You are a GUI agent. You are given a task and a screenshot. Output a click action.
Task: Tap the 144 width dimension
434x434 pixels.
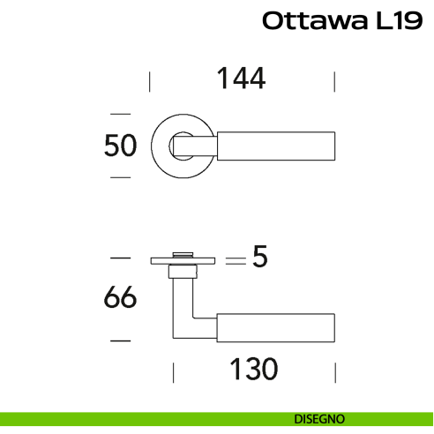(x=241, y=79)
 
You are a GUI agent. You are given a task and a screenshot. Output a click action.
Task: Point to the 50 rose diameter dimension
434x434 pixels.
(x=120, y=146)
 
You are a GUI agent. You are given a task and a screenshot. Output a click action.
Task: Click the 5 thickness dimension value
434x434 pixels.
(x=259, y=258)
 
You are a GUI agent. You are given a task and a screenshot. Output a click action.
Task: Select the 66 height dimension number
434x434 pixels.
(x=120, y=298)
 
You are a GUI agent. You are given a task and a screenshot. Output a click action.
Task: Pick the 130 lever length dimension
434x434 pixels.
(x=253, y=368)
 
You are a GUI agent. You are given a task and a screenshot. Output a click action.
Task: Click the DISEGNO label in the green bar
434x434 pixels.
(x=319, y=419)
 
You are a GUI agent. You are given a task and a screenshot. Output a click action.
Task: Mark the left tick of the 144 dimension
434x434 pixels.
(x=150, y=82)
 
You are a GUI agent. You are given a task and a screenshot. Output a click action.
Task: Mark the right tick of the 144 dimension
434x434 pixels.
(x=334, y=82)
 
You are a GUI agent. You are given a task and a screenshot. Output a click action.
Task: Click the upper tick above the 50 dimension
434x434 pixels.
(x=119, y=114)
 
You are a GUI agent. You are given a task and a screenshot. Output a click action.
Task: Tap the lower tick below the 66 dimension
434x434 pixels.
(x=119, y=340)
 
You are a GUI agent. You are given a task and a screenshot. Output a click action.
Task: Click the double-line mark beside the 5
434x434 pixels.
(x=235, y=261)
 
